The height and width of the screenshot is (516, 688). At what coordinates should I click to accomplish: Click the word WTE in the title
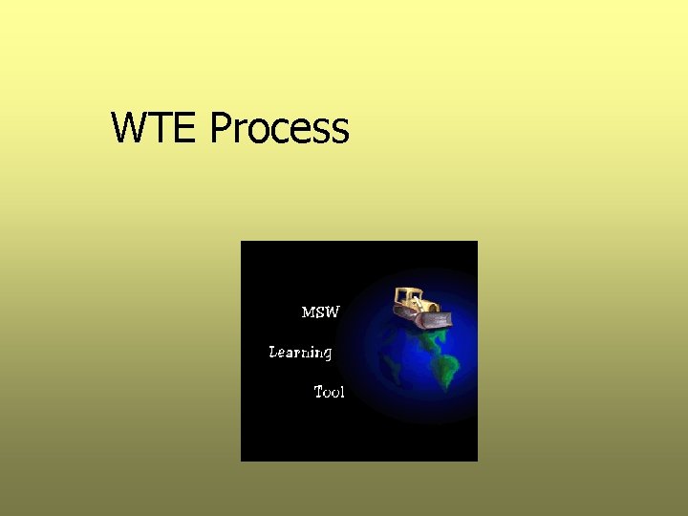(x=156, y=128)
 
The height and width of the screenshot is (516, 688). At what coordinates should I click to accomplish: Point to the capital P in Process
(x=220, y=128)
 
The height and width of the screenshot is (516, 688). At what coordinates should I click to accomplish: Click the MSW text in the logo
(x=320, y=312)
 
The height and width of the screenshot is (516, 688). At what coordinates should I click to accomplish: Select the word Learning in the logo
(x=300, y=353)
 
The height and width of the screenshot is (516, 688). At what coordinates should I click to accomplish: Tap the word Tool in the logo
(x=330, y=392)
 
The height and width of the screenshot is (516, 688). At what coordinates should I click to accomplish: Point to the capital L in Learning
(x=274, y=352)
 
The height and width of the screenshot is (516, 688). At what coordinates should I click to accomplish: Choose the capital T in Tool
(x=319, y=392)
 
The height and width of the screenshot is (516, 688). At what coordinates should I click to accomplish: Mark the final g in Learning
(x=327, y=355)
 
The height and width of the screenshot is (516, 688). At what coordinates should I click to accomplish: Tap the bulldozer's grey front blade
(x=435, y=319)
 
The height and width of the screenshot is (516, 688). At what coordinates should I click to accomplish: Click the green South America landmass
(x=446, y=369)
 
